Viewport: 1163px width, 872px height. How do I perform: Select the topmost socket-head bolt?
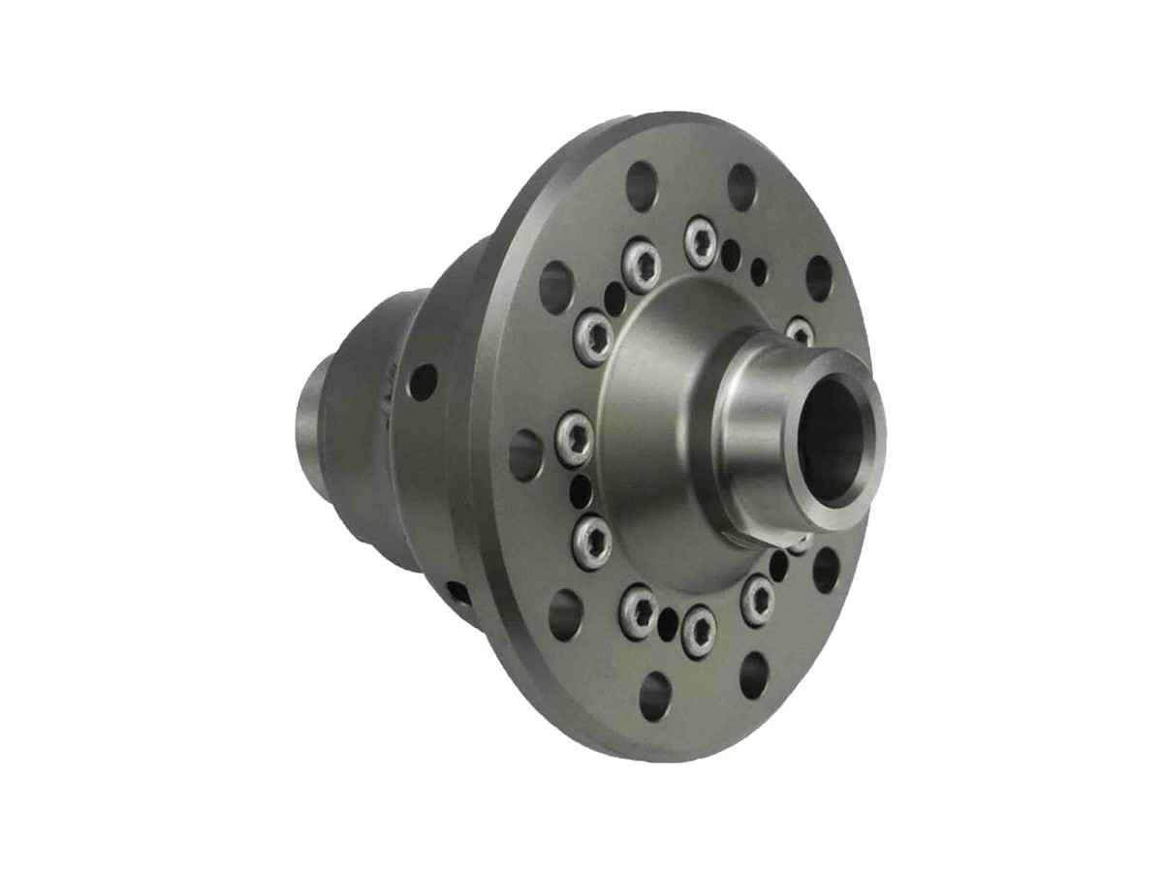[x=700, y=241]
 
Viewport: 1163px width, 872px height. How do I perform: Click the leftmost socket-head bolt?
[x=575, y=439]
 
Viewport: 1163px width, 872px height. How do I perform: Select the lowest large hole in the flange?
[x=655, y=695]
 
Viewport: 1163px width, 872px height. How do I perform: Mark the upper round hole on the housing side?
[x=422, y=382]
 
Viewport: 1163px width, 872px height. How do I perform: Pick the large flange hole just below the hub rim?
[x=826, y=570]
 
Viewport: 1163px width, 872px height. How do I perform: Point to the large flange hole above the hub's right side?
[x=819, y=278]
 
